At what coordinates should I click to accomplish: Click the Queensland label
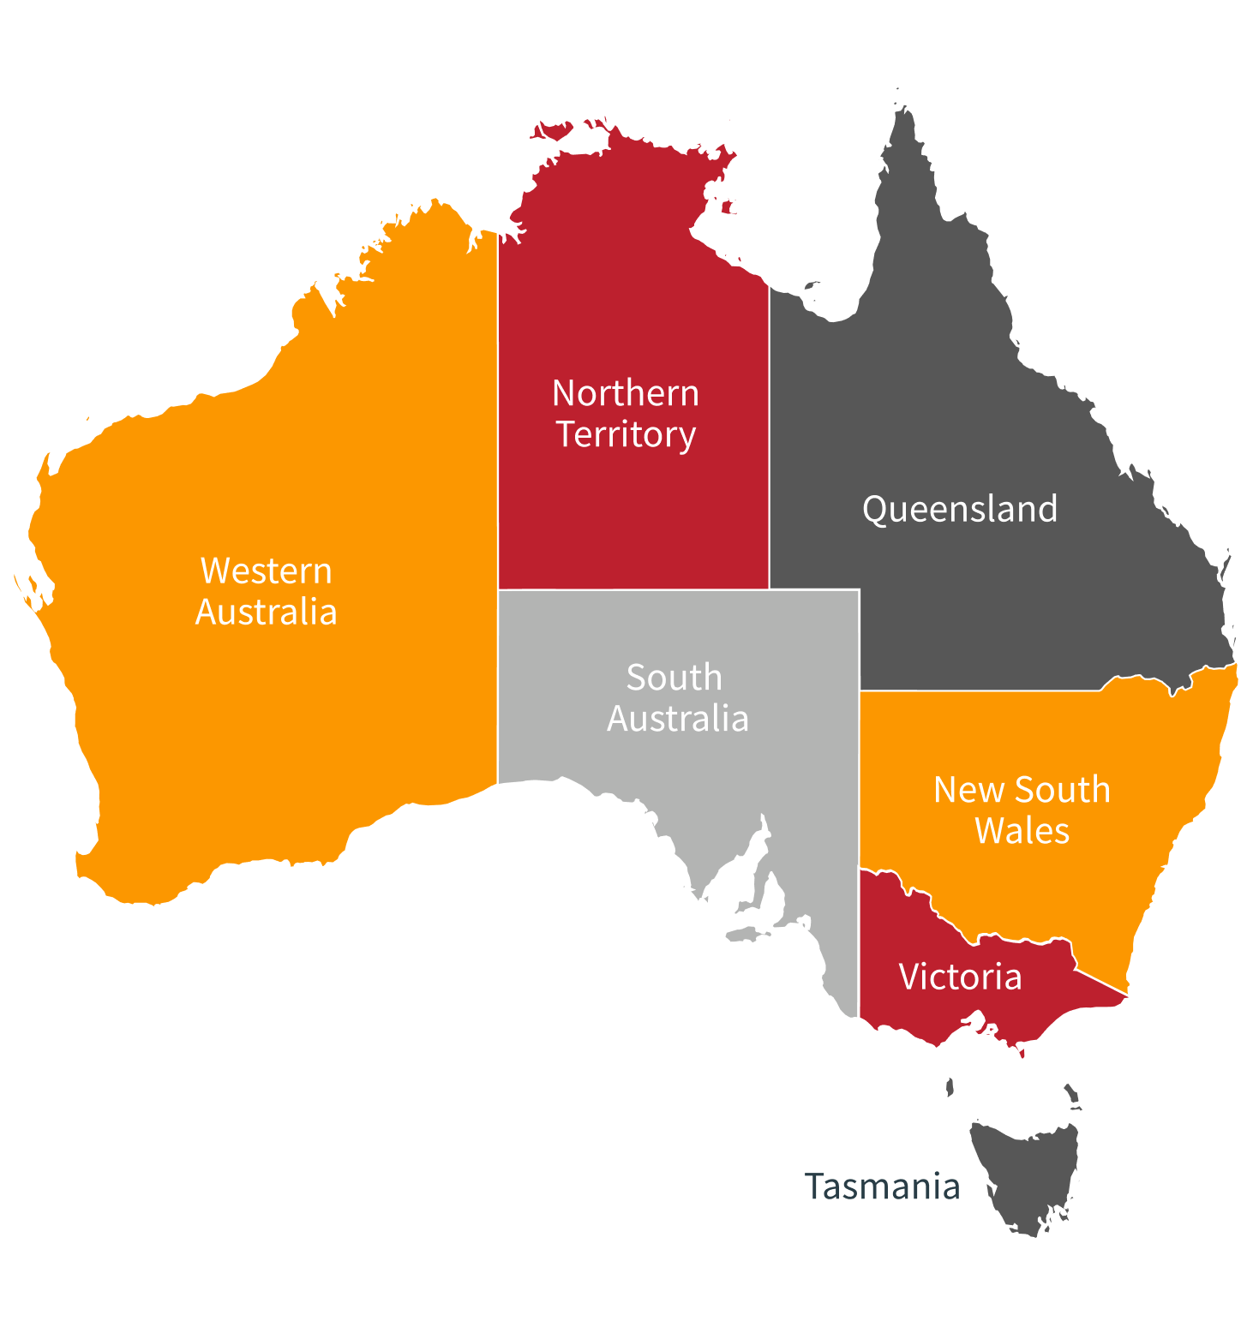tap(960, 509)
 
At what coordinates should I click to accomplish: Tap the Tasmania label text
tap(882, 1187)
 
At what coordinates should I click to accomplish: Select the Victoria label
tap(960, 977)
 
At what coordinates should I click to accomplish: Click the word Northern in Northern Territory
tap(626, 393)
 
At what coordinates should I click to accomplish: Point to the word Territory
tap(626, 434)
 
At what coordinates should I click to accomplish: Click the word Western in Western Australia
tap(266, 571)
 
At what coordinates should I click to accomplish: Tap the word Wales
tap(1022, 831)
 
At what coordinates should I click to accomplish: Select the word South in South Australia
tap(674, 678)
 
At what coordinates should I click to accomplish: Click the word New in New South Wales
tap(959, 790)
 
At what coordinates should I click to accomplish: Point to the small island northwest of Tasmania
tap(950, 1087)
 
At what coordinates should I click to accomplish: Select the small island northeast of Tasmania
tap(1072, 1096)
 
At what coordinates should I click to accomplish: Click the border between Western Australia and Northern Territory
tap(498, 411)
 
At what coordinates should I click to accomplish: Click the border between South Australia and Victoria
tap(859, 942)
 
